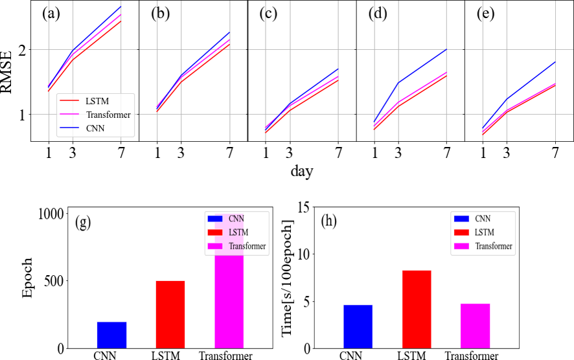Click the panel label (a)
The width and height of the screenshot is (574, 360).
(51, 14)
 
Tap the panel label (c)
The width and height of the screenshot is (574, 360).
(268, 14)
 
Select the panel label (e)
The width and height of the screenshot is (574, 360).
(485, 14)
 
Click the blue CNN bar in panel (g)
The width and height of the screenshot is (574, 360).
(111, 335)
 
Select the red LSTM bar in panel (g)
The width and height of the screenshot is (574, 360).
(170, 314)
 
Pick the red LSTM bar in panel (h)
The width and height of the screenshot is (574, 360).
(416, 309)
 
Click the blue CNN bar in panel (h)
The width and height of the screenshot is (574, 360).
(357, 326)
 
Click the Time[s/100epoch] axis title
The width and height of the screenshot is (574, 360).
(286, 279)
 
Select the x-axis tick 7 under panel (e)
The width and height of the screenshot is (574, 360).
(555, 154)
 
